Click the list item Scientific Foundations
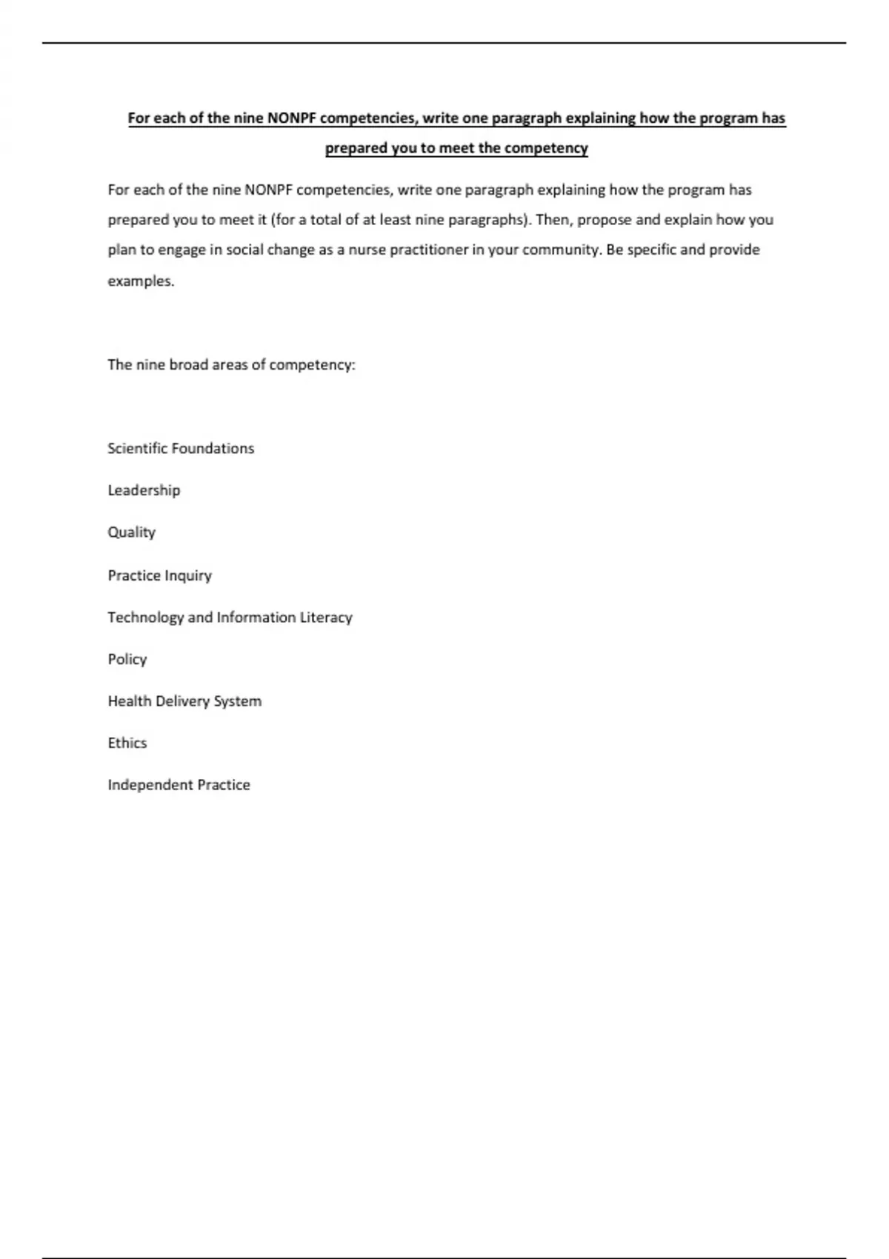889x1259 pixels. [181, 448]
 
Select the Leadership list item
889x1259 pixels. [144, 490]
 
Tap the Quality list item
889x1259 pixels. [131, 532]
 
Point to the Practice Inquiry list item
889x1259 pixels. [159, 575]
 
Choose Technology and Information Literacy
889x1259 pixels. [230, 617]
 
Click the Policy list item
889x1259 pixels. [127, 659]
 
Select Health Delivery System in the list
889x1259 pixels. [184, 701]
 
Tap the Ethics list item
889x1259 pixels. [127, 743]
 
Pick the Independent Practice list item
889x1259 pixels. [179, 784]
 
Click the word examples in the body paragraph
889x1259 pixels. [140, 281]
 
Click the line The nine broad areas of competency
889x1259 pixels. [231, 364]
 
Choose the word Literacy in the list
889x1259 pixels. [326, 617]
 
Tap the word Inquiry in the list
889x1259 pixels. [189, 575]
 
